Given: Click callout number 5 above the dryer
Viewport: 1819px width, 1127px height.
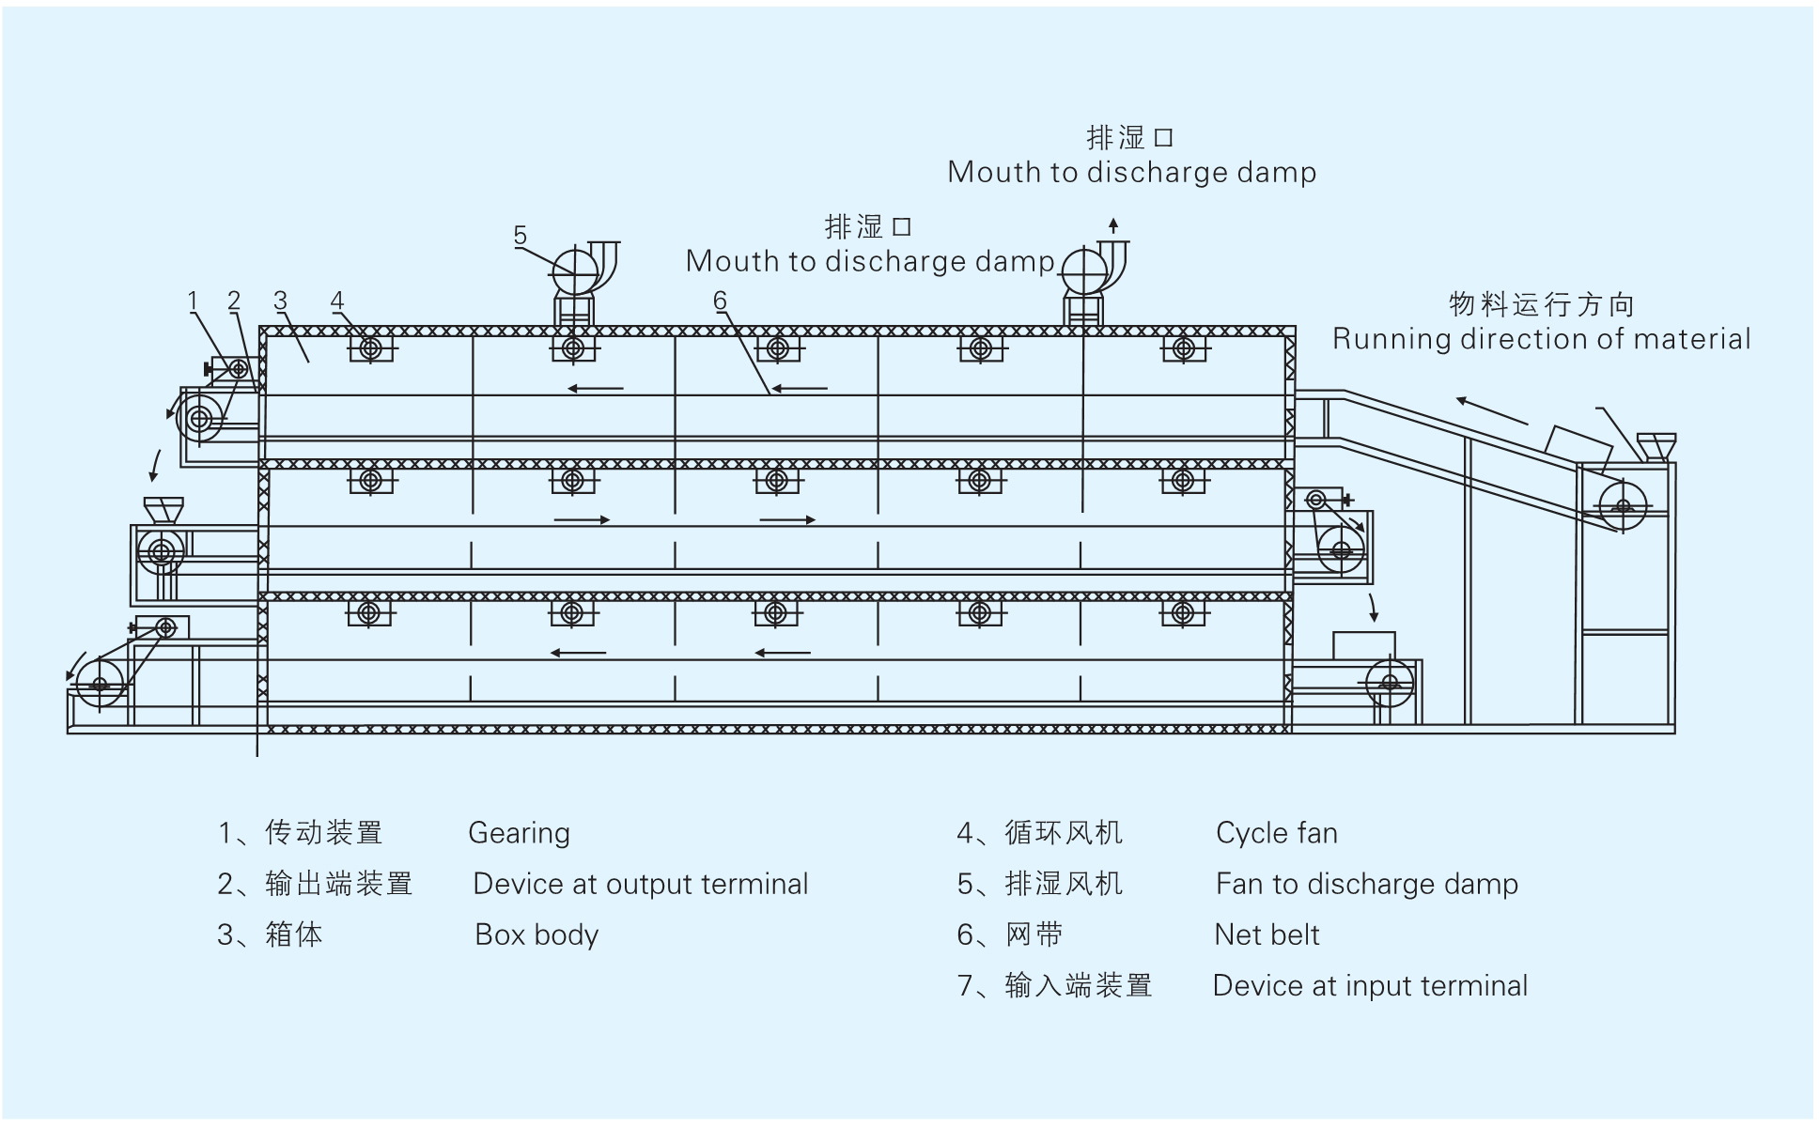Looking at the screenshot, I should (521, 235).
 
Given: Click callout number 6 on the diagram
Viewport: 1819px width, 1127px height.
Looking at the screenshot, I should (720, 301).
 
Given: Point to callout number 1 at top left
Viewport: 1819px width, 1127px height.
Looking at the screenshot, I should (193, 301).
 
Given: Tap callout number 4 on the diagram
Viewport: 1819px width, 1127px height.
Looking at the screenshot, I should (337, 301).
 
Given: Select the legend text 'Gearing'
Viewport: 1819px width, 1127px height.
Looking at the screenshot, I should (519, 833).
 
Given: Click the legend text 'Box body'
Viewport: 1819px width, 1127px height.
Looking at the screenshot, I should (536, 934).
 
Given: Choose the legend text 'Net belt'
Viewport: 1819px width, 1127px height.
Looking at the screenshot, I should (1267, 934).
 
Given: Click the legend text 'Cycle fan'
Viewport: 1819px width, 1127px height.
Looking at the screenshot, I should (1276, 833).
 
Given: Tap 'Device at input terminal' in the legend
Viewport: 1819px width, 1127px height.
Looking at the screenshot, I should (1370, 985).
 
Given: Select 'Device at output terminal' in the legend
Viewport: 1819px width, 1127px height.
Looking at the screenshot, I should (640, 884).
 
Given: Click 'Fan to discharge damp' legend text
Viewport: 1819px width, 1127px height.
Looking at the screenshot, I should (1366, 884).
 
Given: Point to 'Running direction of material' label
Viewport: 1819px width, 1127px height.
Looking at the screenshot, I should (1541, 338).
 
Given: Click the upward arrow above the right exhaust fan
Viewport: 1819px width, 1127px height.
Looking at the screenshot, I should (1113, 225).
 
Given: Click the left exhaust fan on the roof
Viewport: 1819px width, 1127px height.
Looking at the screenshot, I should (576, 271).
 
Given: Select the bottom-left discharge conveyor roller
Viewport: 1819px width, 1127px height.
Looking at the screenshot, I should (100, 683).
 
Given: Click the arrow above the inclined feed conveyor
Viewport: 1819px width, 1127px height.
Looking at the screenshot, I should (1492, 410).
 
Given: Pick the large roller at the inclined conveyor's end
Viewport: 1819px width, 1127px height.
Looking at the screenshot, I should (1623, 506).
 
